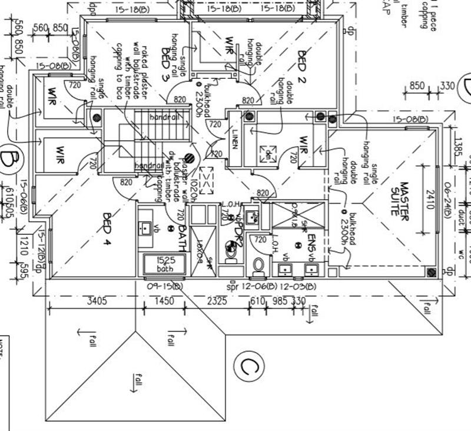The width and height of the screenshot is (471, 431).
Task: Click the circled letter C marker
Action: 248,366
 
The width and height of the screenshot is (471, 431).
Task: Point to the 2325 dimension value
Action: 217,301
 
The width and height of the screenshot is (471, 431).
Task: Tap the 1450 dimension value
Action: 164,301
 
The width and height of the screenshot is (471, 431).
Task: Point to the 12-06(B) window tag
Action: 261,287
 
